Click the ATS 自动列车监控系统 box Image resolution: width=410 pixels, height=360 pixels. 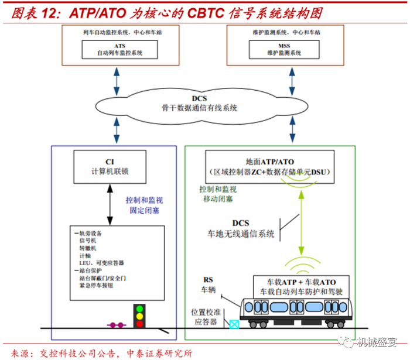119,49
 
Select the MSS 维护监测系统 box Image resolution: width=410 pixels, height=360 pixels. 284,49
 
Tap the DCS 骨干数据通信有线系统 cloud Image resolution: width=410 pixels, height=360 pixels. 201,106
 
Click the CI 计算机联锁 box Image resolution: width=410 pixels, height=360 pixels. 110,167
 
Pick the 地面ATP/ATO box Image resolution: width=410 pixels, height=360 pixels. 270,167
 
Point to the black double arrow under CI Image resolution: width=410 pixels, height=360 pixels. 110,204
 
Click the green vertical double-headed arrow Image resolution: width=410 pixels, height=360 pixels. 302,223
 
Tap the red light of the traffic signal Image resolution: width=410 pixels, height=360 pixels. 139,324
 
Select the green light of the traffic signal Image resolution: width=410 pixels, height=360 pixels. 139,309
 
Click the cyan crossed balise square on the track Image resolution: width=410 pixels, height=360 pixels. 234,324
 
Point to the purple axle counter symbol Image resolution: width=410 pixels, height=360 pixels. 117,325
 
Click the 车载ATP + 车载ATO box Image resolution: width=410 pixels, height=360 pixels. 301,287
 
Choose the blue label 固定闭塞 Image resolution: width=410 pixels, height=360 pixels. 144,210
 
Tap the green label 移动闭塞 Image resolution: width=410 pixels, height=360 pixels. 218,199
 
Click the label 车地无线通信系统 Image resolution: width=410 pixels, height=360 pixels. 241,234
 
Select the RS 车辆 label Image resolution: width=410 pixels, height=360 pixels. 208,284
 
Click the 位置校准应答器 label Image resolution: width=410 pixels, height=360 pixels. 206,317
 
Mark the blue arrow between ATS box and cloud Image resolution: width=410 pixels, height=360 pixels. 117,81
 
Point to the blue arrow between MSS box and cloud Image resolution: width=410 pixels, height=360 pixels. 292,81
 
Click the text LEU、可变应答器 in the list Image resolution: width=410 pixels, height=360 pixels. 101,263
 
